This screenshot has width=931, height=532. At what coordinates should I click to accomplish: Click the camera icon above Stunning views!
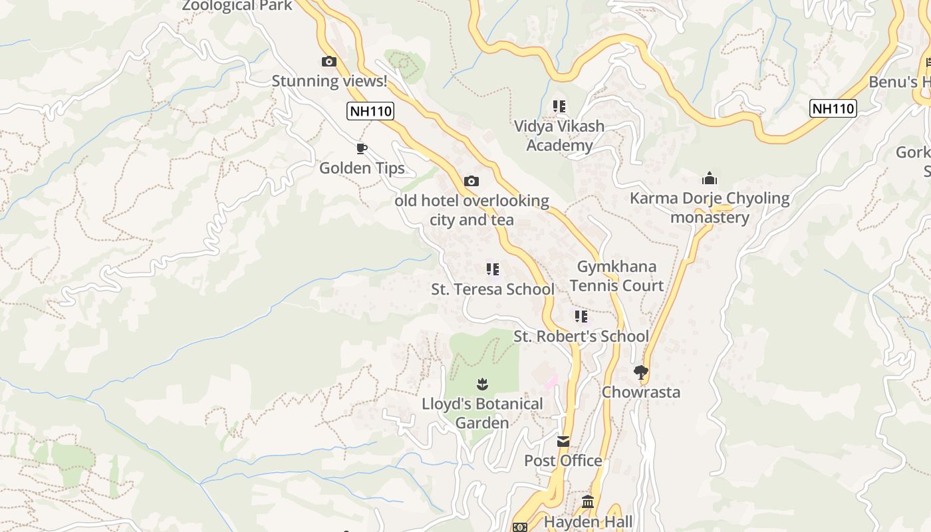(329, 62)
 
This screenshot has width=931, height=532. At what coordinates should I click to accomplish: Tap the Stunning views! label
(329, 81)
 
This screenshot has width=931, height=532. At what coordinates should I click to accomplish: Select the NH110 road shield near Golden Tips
(371, 110)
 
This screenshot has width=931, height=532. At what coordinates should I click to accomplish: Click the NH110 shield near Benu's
(833, 108)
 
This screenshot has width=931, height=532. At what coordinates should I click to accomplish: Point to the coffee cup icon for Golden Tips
(362, 148)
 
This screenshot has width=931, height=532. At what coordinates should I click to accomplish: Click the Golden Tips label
(362, 168)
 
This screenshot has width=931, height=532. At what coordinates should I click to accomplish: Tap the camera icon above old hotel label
(471, 181)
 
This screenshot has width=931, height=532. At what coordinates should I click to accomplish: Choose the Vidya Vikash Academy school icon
(559, 106)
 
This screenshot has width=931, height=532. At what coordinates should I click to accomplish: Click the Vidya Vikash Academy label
(559, 136)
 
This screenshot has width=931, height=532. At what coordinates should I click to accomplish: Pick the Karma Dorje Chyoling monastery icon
(710, 178)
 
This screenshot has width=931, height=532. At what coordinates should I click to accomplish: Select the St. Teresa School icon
(493, 269)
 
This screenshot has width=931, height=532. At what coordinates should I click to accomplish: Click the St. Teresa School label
(493, 289)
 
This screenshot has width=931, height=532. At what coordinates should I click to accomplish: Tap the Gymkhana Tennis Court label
(616, 276)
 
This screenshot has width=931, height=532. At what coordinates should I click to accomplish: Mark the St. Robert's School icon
(581, 317)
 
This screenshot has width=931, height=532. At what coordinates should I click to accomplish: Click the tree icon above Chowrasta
(641, 372)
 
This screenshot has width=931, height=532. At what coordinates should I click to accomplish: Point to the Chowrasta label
(641, 392)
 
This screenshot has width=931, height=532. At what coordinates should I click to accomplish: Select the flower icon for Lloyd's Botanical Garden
(482, 384)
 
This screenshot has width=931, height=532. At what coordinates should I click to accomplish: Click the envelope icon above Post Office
(563, 441)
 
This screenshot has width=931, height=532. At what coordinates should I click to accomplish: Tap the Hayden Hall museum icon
(588, 502)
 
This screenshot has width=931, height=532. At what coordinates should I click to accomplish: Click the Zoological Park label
(237, 6)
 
